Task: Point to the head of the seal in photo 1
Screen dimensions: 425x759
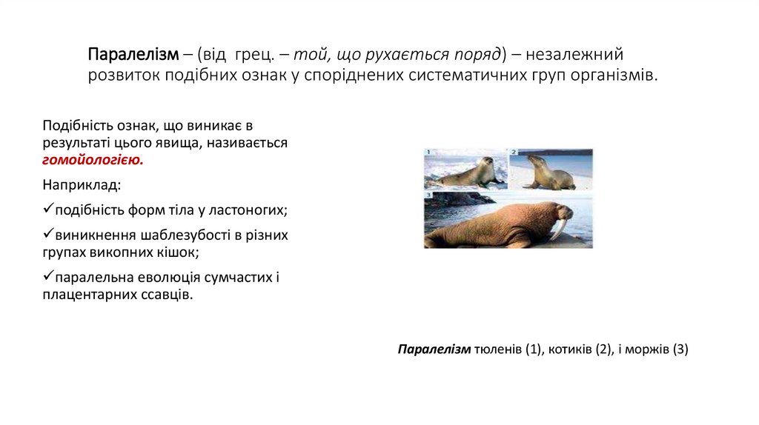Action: pyautogui.click(x=485, y=161)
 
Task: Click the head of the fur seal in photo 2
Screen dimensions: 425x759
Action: pyautogui.click(x=536, y=158)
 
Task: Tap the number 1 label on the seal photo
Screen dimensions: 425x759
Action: pyautogui.click(x=428, y=153)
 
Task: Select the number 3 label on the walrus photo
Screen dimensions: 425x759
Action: pyautogui.click(x=428, y=194)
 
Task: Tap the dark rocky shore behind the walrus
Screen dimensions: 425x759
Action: pyautogui.click(x=452, y=198)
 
